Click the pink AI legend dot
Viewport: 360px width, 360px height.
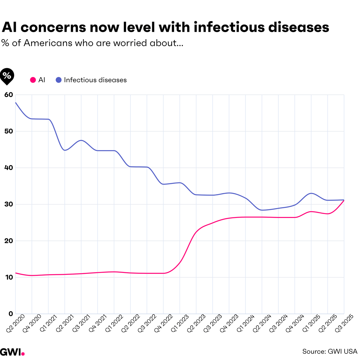click(33, 80)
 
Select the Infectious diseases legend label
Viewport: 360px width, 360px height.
click(95, 80)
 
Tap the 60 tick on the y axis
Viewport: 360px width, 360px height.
click(9, 95)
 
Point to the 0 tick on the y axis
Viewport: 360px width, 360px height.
click(11, 314)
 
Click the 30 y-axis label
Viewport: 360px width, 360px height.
click(9, 204)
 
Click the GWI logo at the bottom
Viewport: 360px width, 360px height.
click(12, 352)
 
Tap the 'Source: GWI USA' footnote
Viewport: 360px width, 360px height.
click(329, 352)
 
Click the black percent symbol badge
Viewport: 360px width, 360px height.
click(7, 76)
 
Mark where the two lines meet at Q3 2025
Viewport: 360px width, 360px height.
click(344, 200)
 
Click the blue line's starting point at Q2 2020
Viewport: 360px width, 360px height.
click(16, 103)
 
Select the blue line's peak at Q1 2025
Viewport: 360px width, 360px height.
click(311, 193)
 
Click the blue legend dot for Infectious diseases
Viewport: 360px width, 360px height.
click(59, 80)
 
